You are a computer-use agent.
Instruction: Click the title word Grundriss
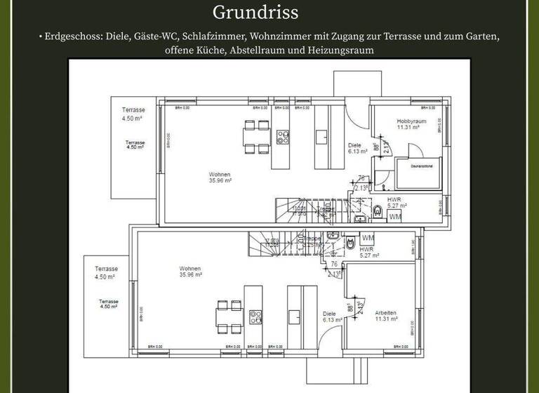click(x=255, y=13)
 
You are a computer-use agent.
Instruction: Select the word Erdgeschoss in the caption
click(x=73, y=36)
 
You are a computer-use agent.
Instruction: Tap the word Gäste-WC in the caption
click(x=157, y=36)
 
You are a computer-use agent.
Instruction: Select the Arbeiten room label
click(x=386, y=312)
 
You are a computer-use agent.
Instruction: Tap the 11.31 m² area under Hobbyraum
click(x=408, y=128)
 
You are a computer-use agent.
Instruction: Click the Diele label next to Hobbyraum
click(x=355, y=145)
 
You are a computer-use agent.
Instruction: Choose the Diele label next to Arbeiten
click(x=330, y=314)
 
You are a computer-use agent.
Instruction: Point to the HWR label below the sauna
click(x=394, y=199)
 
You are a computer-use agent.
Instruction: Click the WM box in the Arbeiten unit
click(x=368, y=239)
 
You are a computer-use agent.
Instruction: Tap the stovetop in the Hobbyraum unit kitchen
click(x=283, y=136)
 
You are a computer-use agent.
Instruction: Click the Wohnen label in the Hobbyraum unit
click(x=220, y=174)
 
